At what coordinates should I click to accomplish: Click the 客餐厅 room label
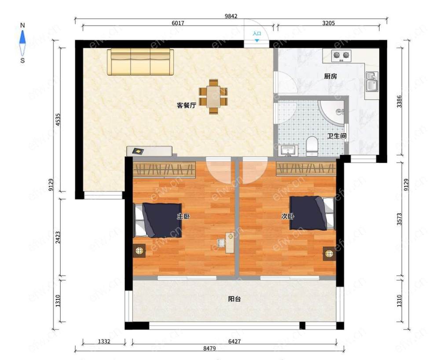click(186, 105)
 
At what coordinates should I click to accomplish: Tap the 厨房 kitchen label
click(330, 76)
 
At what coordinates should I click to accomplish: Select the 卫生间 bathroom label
click(337, 136)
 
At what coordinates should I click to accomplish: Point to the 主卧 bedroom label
click(183, 216)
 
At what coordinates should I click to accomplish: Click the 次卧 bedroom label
click(288, 216)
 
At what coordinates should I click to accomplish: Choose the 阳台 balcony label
click(235, 299)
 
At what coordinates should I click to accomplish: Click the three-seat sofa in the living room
click(140, 62)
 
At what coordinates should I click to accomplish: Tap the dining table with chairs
click(213, 96)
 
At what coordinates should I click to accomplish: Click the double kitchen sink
click(372, 82)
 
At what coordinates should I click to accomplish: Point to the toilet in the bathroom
click(312, 146)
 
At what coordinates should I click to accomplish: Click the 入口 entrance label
click(257, 34)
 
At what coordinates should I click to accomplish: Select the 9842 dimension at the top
click(231, 16)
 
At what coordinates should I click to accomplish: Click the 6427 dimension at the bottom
click(235, 341)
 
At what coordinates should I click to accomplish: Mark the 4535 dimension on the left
click(58, 120)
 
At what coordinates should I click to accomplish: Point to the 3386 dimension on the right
click(400, 102)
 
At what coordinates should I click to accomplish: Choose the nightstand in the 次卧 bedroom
click(329, 254)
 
